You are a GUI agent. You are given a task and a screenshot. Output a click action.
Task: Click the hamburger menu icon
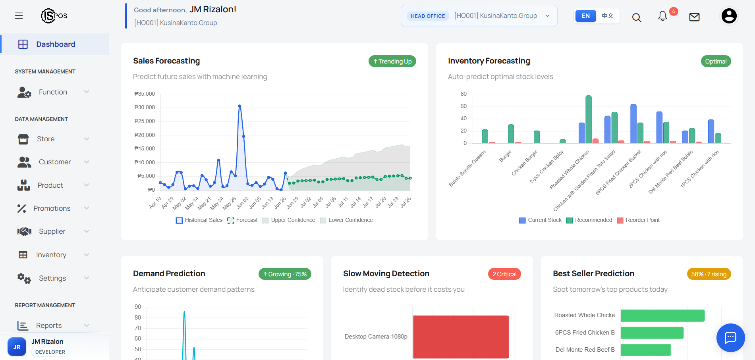tap(19, 16)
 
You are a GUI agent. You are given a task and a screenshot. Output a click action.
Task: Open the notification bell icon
tap(662, 16)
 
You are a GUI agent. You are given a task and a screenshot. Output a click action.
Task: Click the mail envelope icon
tap(694, 17)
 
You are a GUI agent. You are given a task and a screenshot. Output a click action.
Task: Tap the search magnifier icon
tap(637, 17)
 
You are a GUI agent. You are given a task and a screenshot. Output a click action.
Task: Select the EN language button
tap(585, 16)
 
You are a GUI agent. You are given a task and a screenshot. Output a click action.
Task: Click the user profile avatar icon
tap(729, 16)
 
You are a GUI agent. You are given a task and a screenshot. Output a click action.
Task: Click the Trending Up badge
tap(392, 62)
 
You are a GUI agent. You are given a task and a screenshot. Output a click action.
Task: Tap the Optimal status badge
tap(716, 62)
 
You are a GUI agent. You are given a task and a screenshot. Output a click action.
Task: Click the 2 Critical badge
tap(504, 274)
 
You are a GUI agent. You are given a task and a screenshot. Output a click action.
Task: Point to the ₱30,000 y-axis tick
tap(145, 107)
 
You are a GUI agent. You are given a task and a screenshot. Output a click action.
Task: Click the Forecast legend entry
tap(242, 220)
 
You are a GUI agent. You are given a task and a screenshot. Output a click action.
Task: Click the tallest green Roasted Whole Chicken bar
tap(589, 119)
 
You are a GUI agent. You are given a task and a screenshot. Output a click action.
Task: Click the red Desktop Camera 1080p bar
tap(461, 337)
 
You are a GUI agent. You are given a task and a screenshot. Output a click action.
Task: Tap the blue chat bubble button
tap(730, 338)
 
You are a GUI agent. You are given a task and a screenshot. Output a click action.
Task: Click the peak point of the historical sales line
tap(239, 106)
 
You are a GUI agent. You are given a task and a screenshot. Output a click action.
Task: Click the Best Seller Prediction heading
tap(593, 273)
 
